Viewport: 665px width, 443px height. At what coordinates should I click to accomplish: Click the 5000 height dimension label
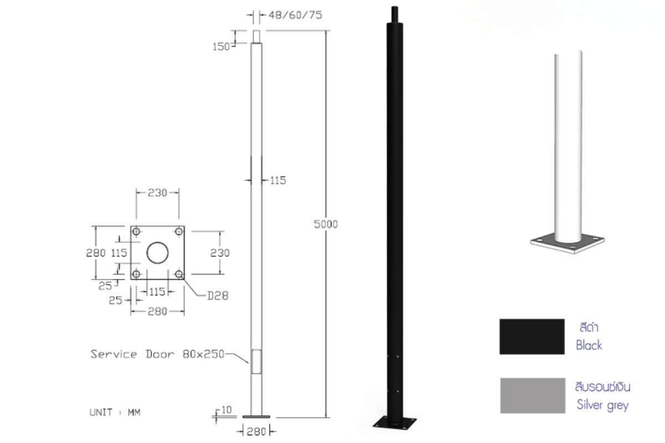pos(326,224)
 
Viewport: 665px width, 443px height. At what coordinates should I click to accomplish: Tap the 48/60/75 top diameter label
pos(295,15)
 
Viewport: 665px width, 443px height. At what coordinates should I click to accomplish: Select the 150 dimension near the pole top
pos(221,47)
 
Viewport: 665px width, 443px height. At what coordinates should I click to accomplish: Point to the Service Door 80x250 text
pos(157,354)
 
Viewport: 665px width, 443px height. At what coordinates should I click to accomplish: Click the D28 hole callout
pos(218,296)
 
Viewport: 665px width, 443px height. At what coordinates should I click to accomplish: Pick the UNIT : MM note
pos(115,413)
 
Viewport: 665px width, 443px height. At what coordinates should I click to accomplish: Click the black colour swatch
pos(532,337)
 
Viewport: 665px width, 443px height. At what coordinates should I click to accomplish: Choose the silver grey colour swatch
pos(533,395)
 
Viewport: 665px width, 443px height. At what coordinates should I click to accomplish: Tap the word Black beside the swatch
pos(589,346)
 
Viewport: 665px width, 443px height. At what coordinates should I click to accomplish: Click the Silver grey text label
pos(603,405)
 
